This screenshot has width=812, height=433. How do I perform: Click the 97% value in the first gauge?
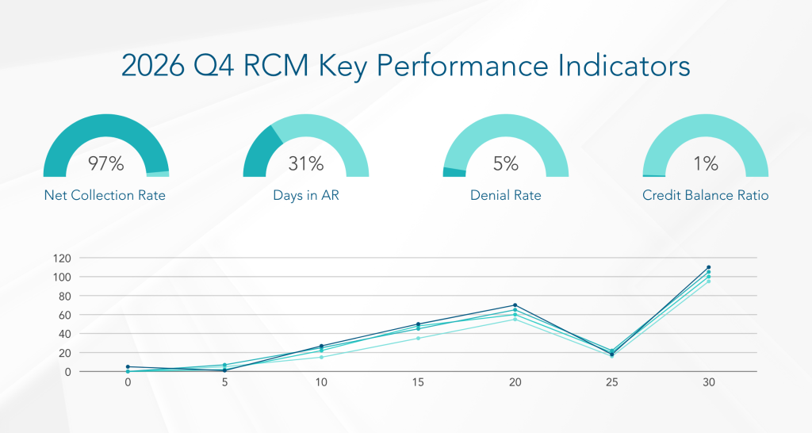click(105, 164)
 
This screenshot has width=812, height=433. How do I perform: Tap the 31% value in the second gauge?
click(305, 164)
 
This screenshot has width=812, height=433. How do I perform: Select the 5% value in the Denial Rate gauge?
click(505, 164)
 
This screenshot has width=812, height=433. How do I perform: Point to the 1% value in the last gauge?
click(705, 164)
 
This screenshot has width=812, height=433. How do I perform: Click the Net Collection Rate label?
click(105, 195)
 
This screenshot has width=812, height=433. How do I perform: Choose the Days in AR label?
click(305, 195)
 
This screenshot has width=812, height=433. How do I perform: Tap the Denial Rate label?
click(505, 195)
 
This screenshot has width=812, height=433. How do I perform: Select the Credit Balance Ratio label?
click(705, 195)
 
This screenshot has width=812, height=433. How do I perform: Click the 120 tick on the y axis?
click(85, 259)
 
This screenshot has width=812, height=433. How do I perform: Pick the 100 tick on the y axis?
click(85, 277)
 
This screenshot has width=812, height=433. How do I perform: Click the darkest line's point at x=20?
click(515, 305)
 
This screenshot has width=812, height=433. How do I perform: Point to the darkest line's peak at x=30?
click(708, 267)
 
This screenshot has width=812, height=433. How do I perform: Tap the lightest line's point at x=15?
click(418, 338)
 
